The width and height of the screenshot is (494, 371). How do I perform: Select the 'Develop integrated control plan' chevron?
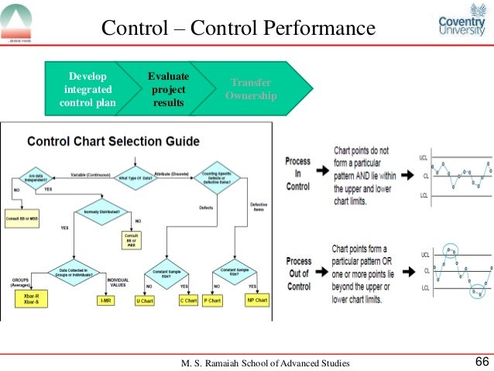coord(87,89)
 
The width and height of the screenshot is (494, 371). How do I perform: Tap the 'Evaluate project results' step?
coord(169,89)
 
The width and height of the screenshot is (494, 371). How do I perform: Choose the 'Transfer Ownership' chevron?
coord(251,89)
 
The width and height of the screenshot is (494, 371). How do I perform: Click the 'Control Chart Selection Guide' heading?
coord(113,142)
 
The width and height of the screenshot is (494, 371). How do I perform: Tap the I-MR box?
coord(105,300)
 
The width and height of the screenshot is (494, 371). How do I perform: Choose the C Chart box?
coord(187,300)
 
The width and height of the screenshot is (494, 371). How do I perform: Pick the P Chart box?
coord(212,300)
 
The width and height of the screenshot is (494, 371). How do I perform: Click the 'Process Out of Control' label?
coord(298,274)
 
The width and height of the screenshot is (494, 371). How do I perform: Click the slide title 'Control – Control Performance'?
coord(238,29)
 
